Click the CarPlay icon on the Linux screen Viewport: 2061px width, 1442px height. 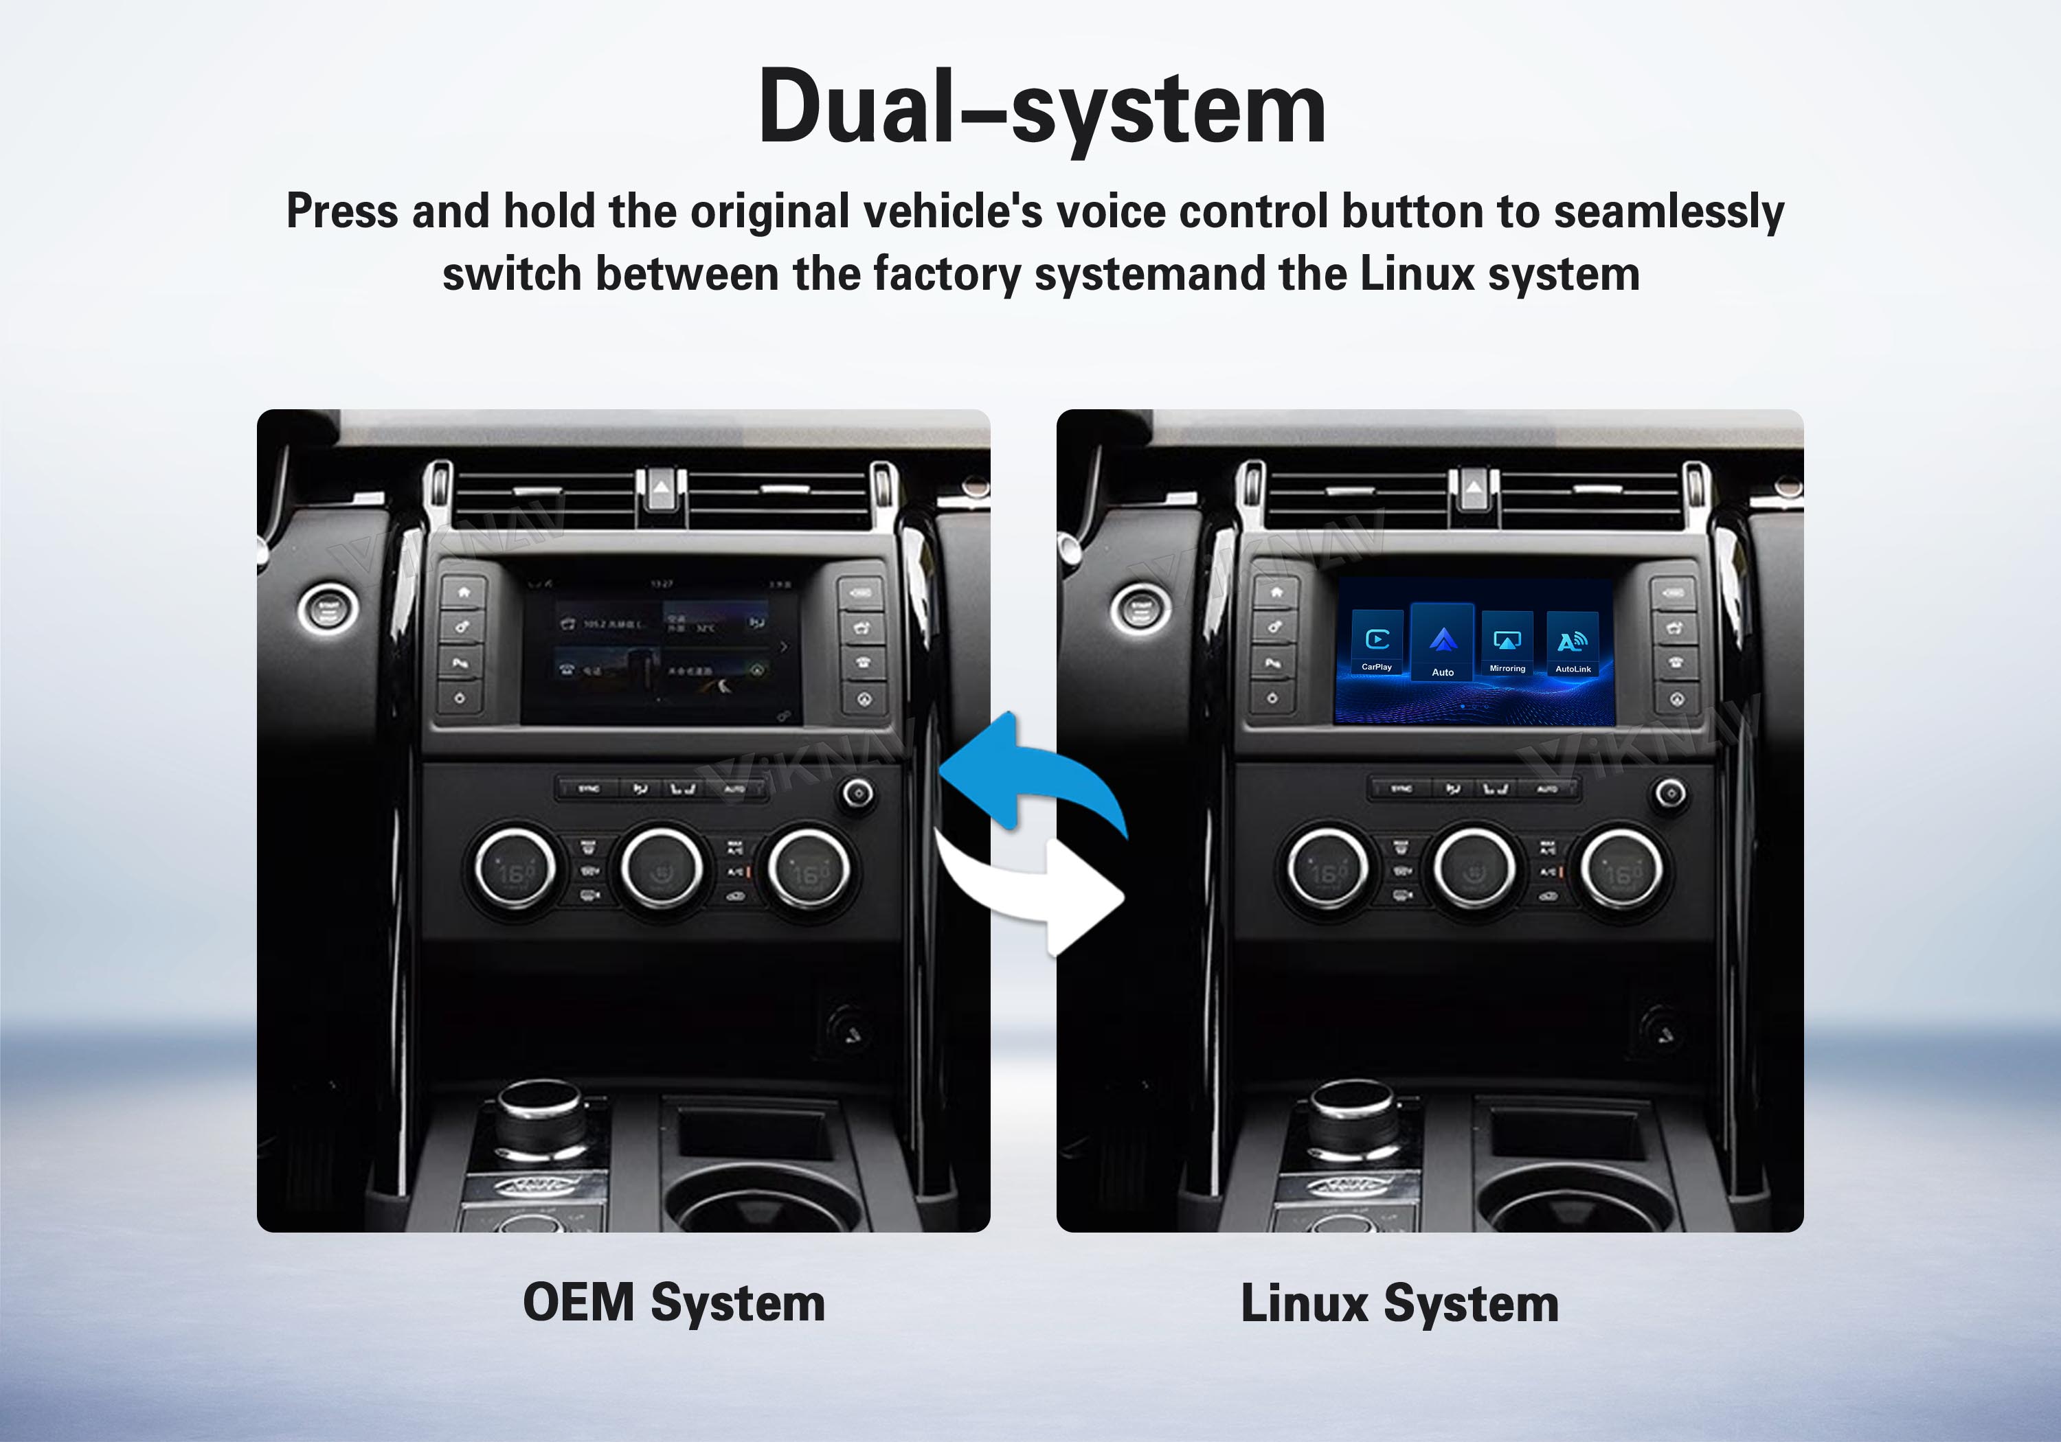[1377, 643]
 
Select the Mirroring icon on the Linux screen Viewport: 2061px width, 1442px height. [1507, 643]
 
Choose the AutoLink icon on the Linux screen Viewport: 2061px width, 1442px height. [1573, 643]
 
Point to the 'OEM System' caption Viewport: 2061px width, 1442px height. [673, 1303]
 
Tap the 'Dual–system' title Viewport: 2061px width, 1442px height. [1041, 108]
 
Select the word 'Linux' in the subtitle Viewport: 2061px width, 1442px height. [1417, 275]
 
